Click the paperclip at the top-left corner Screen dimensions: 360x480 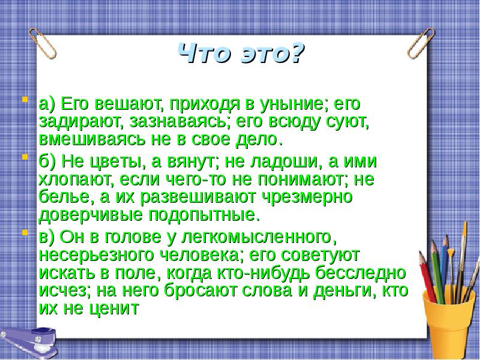(43, 42)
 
